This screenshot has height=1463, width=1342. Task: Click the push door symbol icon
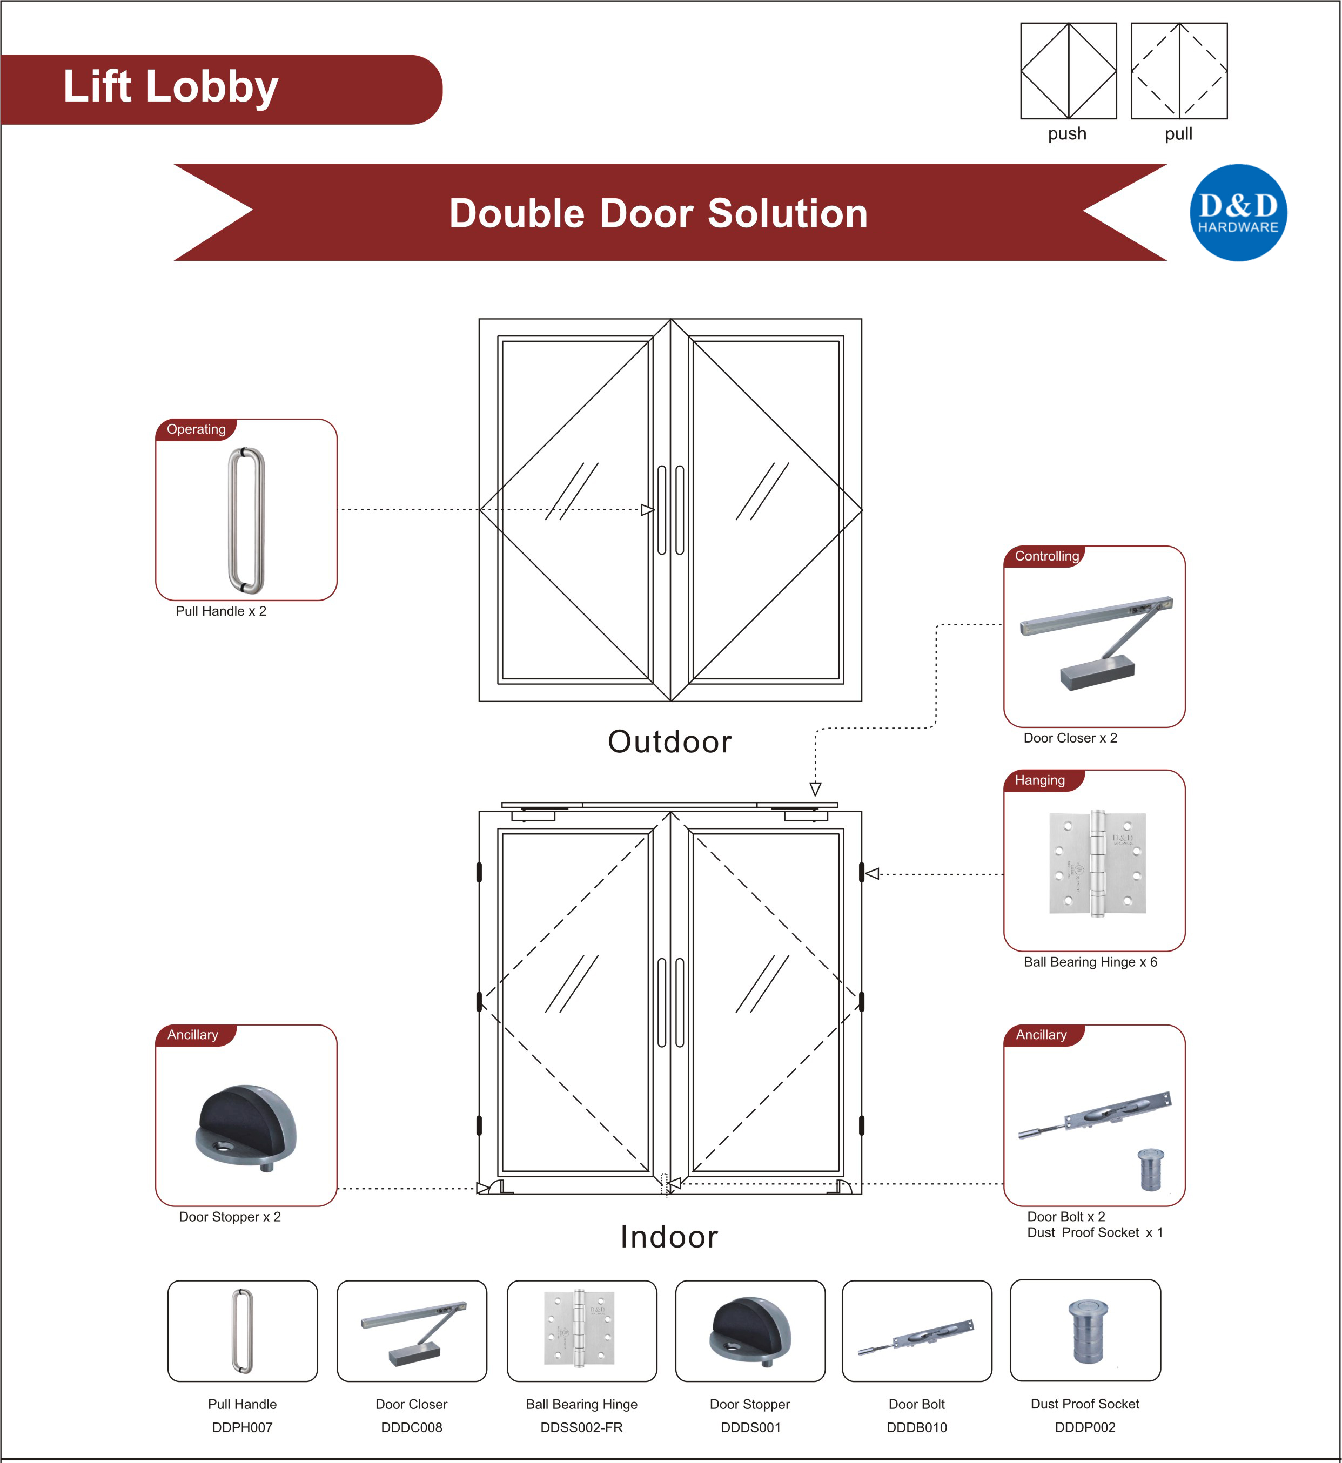(1068, 71)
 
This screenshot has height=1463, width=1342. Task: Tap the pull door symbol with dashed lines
(1179, 71)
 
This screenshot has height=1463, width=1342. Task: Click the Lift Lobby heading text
(171, 87)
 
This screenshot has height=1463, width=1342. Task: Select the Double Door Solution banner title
(658, 213)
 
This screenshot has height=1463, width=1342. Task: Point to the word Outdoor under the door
(669, 742)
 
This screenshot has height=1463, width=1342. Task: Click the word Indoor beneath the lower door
(669, 1237)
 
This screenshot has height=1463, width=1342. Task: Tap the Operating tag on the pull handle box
(196, 430)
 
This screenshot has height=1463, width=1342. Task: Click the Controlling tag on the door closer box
(1046, 556)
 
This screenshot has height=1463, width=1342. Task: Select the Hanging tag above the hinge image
(1040, 780)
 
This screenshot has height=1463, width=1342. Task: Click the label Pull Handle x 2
(221, 611)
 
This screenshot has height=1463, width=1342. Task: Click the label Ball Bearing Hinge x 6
(1090, 962)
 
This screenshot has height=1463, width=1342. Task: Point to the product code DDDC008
(412, 1427)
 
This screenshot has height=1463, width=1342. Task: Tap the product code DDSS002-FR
(582, 1427)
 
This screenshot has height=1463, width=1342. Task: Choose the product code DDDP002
(1085, 1427)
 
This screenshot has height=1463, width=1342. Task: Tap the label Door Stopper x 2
(230, 1217)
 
